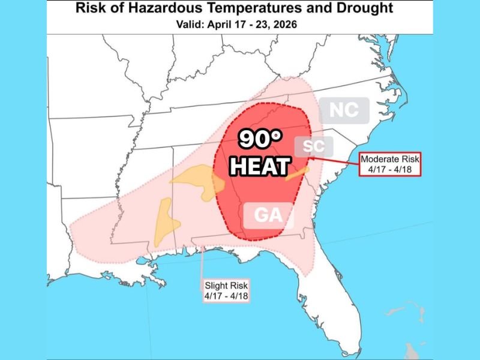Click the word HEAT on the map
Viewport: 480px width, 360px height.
point(260,166)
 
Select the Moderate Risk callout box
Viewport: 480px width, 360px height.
point(391,164)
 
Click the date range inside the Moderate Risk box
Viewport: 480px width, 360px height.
point(391,169)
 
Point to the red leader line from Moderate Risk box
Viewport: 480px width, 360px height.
point(336,158)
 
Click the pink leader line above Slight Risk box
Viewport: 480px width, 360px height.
point(203,264)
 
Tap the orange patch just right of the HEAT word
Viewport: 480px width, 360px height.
point(298,174)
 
